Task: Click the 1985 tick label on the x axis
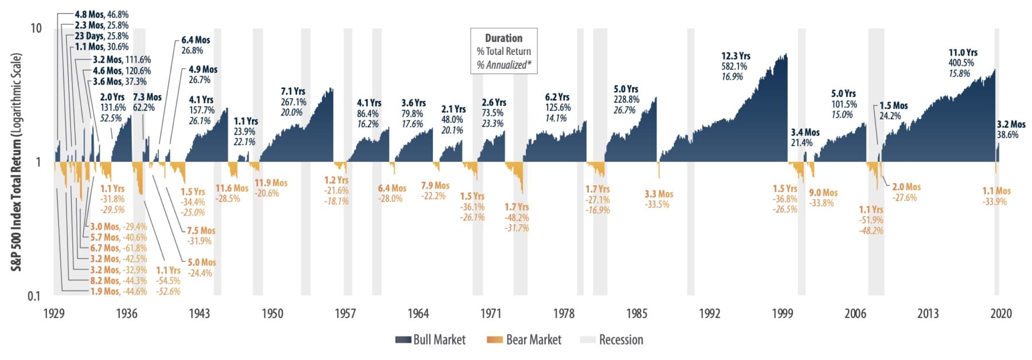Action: [x=636, y=314]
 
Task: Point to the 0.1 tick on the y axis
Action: [x=35, y=296]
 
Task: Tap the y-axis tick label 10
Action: [x=36, y=28]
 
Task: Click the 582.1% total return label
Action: [x=734, y=66]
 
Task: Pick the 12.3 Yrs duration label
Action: [x=736, y=56]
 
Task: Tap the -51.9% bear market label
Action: [x=871, y=220]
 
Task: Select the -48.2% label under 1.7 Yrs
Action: [x=517, y=218]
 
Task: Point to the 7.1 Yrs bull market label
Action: [x=293, y=91]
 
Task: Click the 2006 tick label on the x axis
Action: [x=855, y=314]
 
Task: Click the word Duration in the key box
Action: [x=503, y=38]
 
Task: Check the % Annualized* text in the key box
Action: [x=503, y=65]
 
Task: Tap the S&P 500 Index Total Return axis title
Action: [x=17, y=162]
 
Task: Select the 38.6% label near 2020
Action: [x=1008, y=135]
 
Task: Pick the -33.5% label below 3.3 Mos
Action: [x=657, y=205]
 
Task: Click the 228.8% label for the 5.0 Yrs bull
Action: [x=626, y=100]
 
